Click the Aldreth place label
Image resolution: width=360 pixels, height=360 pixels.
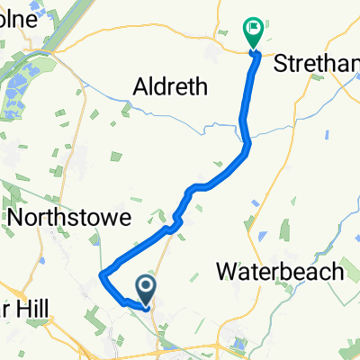point(170,87)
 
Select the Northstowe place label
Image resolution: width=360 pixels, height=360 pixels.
point(69,218)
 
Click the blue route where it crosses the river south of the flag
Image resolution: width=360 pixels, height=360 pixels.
point(245,116)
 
